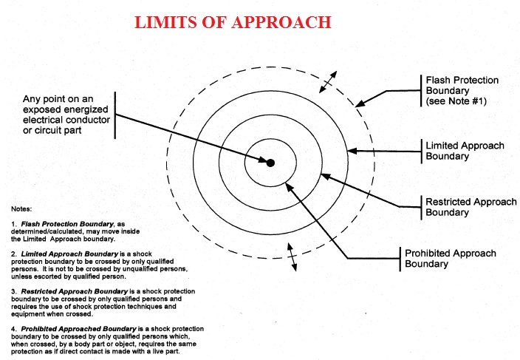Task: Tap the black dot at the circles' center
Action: pos(270,163)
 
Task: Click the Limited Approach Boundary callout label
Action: pos(465,151)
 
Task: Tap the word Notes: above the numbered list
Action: pos(22,209)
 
